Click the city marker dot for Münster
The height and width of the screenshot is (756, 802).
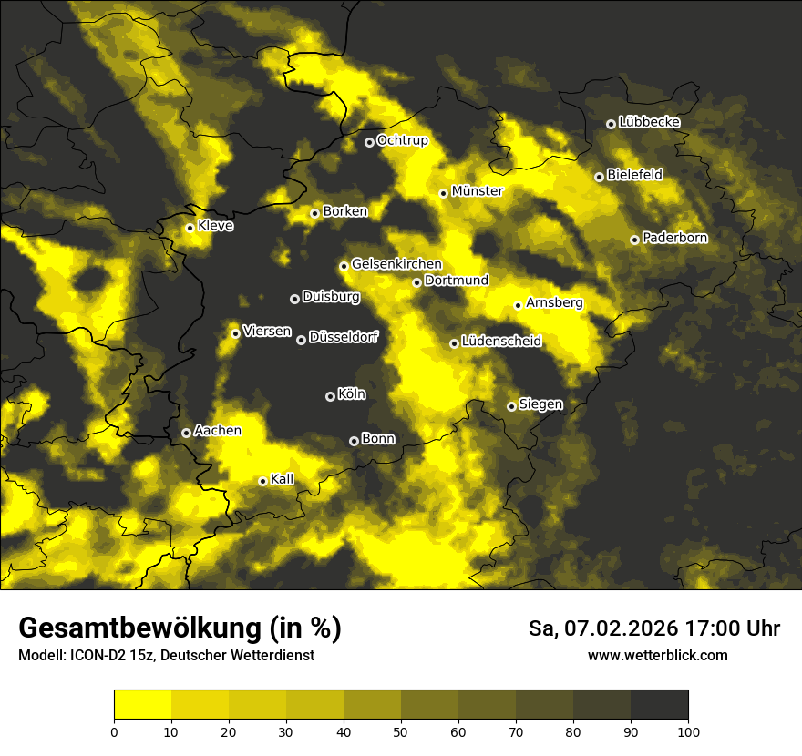pos(443,193)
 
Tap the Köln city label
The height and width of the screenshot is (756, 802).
pos(351,394)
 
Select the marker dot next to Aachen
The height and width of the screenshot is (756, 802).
pos(186,433)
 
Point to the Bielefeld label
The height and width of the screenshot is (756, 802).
pos(634,175)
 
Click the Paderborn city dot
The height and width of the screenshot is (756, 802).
pos(634,240)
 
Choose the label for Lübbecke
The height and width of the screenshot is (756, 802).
pos(649,122)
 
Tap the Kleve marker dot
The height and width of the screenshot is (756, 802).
pos(190,228)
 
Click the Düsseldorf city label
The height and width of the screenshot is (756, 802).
pos(343,338)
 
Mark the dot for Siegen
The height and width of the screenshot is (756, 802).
pos(511,406)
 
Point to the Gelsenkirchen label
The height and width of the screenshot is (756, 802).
pos(396,264)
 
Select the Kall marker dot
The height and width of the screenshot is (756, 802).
pos(262,481)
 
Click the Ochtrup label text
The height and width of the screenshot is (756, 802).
pos(402,140)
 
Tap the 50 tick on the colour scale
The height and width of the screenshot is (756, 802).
pos(401,730)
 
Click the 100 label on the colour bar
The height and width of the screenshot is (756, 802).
pos(688,730)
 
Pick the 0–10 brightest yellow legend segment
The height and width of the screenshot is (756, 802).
pos(142,704)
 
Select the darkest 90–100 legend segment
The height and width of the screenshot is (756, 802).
pos(659,704)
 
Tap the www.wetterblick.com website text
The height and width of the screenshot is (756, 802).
pos(657,656)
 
